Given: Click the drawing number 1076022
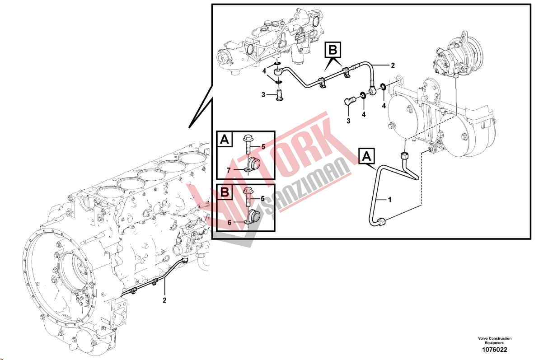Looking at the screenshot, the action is coord(494,350).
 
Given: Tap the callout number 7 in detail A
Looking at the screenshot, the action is coord(229,170).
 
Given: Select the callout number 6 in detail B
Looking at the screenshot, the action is coord(229,223).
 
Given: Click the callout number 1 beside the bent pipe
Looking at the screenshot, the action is coord(390,200).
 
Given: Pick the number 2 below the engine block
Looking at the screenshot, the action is coord(164,300).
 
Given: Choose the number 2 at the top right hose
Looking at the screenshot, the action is coord(393,65).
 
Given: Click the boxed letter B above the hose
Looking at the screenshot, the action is coord(333,50).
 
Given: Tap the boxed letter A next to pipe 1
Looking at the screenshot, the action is coord(366,156).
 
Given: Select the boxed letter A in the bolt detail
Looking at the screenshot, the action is coord(225,140).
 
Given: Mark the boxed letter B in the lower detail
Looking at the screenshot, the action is coord(225,192).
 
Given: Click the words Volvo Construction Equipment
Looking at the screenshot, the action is coord(495,341).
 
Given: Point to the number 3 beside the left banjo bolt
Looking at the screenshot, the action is coord(263,95).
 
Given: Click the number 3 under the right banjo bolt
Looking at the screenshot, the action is coord(348,121).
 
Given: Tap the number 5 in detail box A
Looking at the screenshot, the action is coord(263,147).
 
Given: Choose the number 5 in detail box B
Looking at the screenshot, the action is coord(263,198).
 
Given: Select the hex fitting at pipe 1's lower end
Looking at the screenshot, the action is coord(382,222).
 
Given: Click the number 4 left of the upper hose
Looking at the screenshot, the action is coord(264,71).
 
